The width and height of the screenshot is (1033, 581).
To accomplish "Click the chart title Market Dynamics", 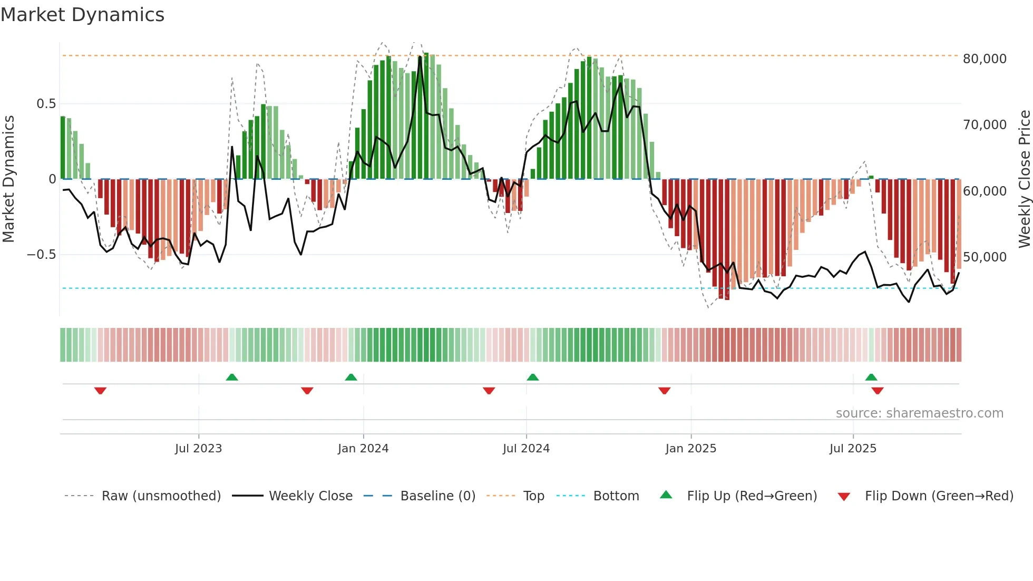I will coord(82,15).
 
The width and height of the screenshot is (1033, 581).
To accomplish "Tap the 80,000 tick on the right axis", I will coord(985,59).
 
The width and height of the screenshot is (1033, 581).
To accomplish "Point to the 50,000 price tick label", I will coord(985,257).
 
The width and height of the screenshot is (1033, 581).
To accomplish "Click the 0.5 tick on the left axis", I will coord(46,104).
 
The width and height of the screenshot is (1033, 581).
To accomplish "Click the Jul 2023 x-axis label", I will coord(198,449).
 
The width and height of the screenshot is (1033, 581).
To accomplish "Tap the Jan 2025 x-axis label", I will coord(690,449).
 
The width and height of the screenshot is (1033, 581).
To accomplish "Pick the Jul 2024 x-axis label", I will coord(526,449).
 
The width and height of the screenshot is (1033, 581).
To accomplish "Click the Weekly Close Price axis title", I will coord(1024,179).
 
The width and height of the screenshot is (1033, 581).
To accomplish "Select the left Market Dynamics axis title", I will coord(8,179).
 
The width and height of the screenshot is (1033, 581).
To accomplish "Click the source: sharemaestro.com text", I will coord(919,413).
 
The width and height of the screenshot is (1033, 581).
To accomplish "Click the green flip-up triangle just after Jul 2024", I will coord(533,377).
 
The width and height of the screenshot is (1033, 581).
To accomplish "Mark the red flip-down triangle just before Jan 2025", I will coord(664,391).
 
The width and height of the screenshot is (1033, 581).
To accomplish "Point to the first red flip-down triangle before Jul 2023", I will coord(100,391).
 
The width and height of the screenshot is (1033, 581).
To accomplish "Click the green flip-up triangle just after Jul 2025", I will coord(871,377).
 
